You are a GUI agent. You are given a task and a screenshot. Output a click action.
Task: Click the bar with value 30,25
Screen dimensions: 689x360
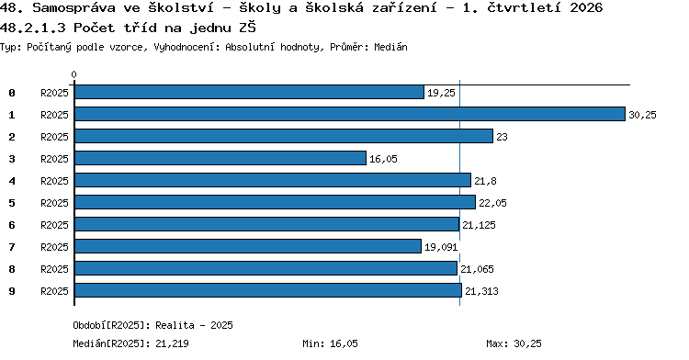pyautogui.click(x=350, y=114)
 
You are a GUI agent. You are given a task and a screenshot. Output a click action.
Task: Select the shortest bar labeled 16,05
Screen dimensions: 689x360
pyautogui.click(x=220, y=158)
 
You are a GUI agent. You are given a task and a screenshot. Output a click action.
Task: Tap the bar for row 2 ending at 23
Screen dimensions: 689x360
pyautogui.click(x=284, y=136)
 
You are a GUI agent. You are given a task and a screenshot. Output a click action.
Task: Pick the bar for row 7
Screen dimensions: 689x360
pyautogui.click(x=248, y=246)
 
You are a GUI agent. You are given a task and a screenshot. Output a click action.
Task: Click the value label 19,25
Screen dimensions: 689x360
pyautogui.click(x=441, y=93)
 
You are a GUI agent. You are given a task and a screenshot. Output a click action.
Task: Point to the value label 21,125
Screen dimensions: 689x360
pyautogui.click(x=479, y=225)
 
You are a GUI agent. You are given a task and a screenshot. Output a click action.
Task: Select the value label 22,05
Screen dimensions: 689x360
pyautogui.click(x=492, y=203)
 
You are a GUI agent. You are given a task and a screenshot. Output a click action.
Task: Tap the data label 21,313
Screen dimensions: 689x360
pyautogui.click(x=481, y=291)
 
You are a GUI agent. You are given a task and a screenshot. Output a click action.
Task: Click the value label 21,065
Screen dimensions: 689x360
pyautogui.click(x=477, y=269)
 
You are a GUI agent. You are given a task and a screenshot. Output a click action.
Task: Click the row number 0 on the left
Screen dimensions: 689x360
pyautogui.click(x=12, y=93)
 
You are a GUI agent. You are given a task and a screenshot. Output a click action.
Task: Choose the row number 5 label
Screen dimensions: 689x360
pyautogui.click(x=12, y=203)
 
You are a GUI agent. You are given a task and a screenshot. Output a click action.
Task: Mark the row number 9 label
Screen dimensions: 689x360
pyautogui.click(x=12, y=291)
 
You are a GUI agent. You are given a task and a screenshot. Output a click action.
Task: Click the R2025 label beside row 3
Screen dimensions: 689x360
pyautogui.click(x=54, y=159)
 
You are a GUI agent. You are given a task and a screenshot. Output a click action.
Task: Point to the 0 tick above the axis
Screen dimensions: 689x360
pyautogui.click(x=73, y=74)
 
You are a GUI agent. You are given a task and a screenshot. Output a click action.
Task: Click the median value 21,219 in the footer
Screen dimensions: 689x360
pyautogui.click(x=173, y=343)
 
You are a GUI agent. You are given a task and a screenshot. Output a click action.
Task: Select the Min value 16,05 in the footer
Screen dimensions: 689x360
pyautogui.click(x=344, y=343)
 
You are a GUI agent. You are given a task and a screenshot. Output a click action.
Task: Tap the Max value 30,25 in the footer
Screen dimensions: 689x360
pyautogui.click(x=527, y=343)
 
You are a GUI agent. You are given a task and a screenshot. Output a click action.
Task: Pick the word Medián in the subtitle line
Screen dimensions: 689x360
pyautogui.click(x=390, y=47)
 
